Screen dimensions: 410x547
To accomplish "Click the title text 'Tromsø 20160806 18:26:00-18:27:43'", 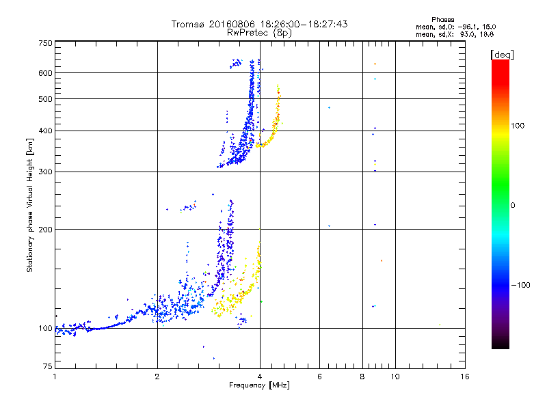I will [259, 24].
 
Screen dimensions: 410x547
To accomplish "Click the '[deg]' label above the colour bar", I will [503, 54].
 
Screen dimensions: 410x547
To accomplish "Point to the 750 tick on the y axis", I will [45, 42].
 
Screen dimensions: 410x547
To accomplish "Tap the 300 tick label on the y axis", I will [45, 172].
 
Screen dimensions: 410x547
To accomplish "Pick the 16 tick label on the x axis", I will [464, 377].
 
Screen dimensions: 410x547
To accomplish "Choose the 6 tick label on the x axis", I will [319, 377].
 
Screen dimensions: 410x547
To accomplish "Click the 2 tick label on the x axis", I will [157, 377].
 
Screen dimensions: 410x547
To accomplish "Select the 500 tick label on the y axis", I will [45, 99].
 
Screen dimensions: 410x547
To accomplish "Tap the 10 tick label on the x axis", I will [395, 377].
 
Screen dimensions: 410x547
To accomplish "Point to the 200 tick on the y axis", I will [45, 229].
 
